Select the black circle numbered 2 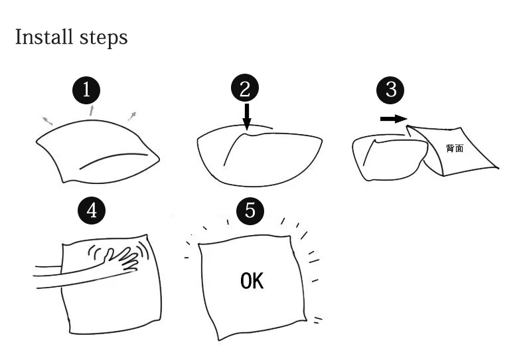pos(245,88)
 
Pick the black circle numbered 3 pos(391,90)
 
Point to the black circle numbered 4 pos(92,210)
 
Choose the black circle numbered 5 pos(250,210)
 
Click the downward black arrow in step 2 pos(247,116)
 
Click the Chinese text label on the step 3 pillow pos(455,148)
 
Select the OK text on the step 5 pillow pos(252,281)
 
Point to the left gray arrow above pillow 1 pos(48,120)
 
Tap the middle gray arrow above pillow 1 pos(92,110)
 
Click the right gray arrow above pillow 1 pos(133,116)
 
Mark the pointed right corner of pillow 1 pos(159,157)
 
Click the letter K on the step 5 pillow pos(258,281)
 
